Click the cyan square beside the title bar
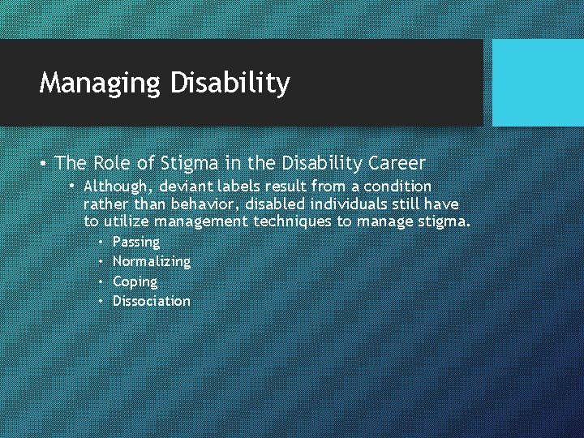pyautogui.click(x=538, y=83)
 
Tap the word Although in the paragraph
pyautogui.click(x=115, y=187)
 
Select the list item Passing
pyautogui.click(x=136, y=242)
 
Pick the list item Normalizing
pyautogui.click(x=152, y=261)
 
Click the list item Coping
pyautogui.click(x=135, y=281)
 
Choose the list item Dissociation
pyautogui.click(x=152, y=301)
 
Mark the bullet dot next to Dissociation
pyautogui.click(x=101, y=301)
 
